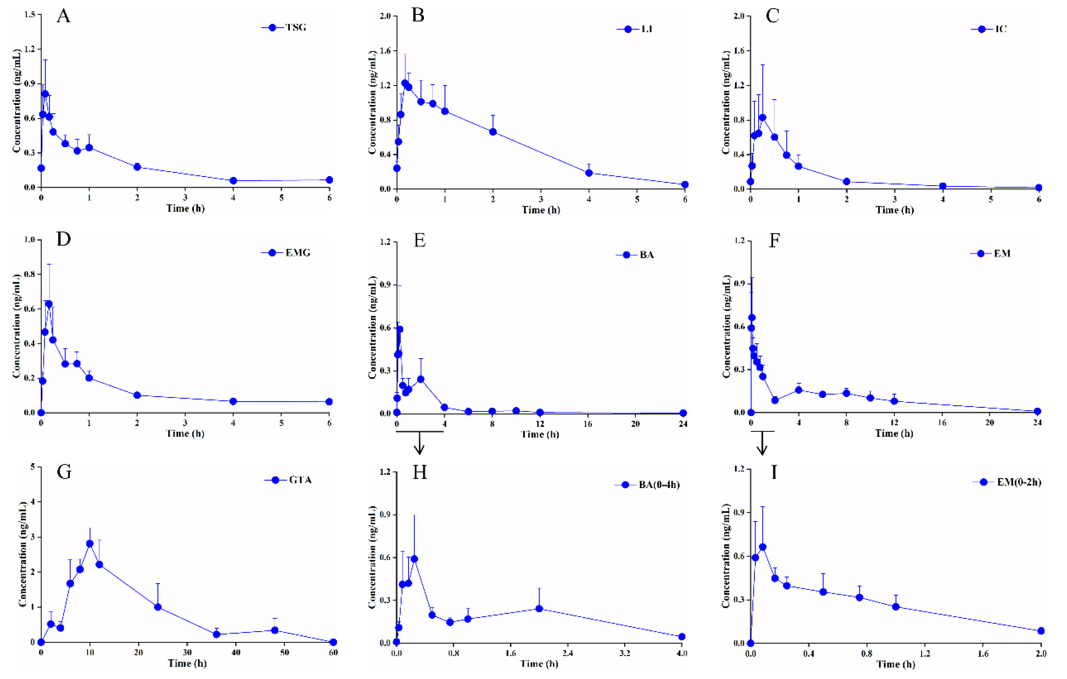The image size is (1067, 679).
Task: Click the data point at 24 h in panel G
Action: tap(158, 607)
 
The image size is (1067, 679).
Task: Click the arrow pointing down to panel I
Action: tap(762, 444)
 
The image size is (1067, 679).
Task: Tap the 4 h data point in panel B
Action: tap(589, 173)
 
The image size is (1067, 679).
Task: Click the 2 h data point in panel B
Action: tap(493, 132)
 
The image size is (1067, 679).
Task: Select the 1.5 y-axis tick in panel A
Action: tap(30, 15)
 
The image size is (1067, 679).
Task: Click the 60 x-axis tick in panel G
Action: tap(333, 652)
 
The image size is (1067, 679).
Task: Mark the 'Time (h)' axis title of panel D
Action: tap(185, 433)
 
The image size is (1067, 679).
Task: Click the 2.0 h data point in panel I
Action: tap(1041, 631)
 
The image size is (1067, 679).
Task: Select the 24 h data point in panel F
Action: tap(1037, 411)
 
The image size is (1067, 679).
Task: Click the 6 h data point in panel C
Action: tap(1039, 188)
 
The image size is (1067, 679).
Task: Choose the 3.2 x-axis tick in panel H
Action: tap(625, 653)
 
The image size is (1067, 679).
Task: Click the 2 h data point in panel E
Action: tap(420, 379)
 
